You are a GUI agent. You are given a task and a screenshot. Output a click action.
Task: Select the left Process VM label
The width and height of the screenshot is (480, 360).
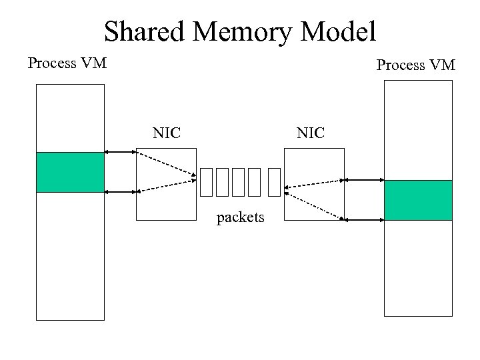click(67, 64)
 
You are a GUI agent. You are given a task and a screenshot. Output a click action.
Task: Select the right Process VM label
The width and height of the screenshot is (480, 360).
click(415, 65)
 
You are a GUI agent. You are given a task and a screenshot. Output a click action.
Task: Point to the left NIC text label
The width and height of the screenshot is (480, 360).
click(167, 133)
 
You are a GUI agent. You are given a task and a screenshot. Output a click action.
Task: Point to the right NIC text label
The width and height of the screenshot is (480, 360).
click(311, 133)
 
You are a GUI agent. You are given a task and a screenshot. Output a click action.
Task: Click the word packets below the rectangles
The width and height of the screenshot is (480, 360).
click(241, 217)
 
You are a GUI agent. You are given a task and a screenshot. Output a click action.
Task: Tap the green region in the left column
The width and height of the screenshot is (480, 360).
click(70, 172)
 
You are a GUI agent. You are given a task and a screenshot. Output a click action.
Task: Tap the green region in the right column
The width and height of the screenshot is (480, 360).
click(418, 200)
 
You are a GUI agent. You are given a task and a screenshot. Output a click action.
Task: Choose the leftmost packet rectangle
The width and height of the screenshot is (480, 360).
click(205, 183)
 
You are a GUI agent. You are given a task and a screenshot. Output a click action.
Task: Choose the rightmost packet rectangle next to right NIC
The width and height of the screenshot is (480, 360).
click(273, 183)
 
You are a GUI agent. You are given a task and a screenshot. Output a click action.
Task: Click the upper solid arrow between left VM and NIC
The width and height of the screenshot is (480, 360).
click(121, 153)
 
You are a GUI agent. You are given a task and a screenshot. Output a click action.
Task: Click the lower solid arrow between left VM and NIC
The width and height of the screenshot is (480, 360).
click(121, 192)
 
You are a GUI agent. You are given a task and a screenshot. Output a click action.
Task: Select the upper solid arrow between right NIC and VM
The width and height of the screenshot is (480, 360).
click(364, 180)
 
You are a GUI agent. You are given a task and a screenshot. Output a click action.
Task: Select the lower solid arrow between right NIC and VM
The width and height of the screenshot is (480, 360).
click(364, 218)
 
